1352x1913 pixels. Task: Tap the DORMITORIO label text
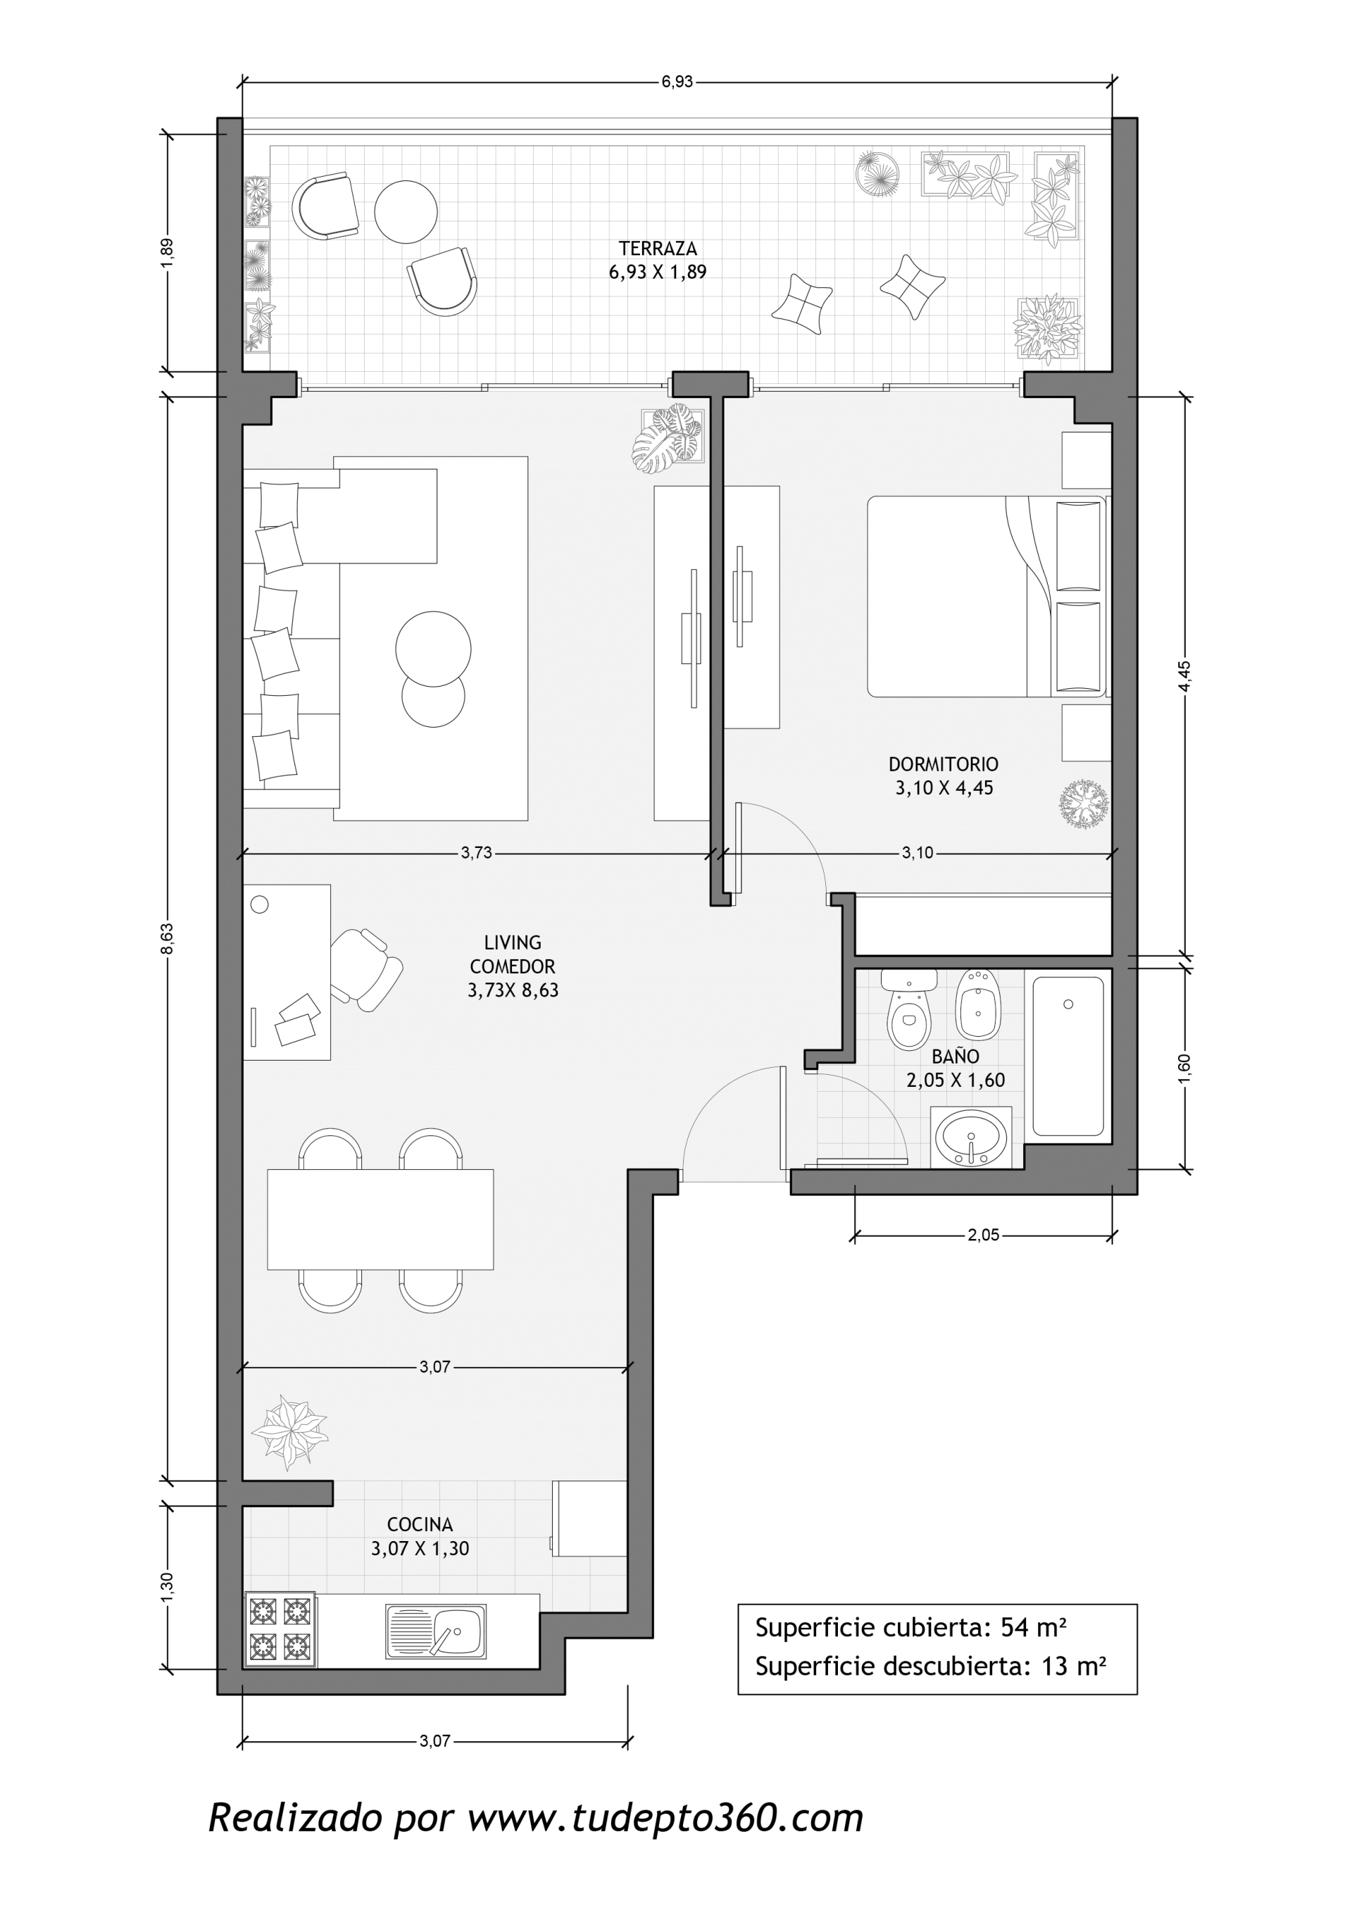[943, 764]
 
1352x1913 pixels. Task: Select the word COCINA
[420, 1525]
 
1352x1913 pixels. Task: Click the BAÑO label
[956, 1056]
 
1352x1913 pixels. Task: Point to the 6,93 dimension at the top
[677, 82]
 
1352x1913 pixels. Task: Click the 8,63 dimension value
[168, 938]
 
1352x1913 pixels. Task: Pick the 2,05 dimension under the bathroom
[983, 1235]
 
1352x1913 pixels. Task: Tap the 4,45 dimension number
[1184, 675]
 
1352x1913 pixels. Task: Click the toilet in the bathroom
[909, 1008]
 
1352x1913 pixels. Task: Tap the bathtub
[1068, 1057]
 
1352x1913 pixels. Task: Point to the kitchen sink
[436, 1631]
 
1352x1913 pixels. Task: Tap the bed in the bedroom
[987, 597]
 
